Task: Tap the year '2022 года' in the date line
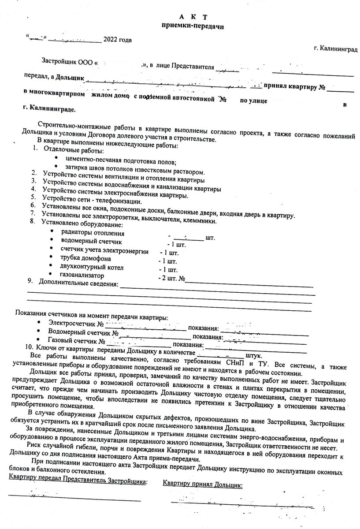click(117, 40)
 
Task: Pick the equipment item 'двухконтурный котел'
click(92, 267)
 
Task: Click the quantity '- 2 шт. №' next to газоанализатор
click(173, 279)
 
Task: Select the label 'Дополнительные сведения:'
click(78, 283)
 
